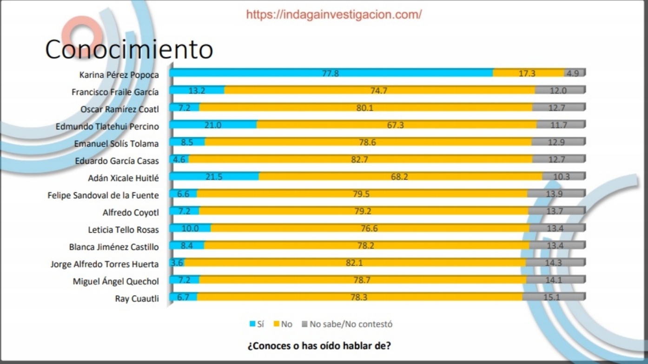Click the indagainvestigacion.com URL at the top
(x=334, y=14)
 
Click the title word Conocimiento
(x=129, y=49)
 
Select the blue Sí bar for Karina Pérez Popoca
(x=331, y=73)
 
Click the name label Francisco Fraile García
(x=115, y=92)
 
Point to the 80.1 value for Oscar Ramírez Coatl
(x=365, y=108)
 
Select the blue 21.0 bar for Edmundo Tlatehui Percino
(x=213, y=125)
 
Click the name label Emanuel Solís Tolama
(x=116, y=144)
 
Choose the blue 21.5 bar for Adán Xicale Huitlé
(x=214, y=177)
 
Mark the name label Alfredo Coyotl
(x=131, y=213)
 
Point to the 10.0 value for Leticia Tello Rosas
(x=190, y=229)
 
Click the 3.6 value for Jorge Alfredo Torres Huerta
(x=177, y=263)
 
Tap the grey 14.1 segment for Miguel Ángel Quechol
(x=555, y=280)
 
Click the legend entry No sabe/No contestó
(x=350, y=324)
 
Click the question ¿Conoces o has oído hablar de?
(x=319, y=346)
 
